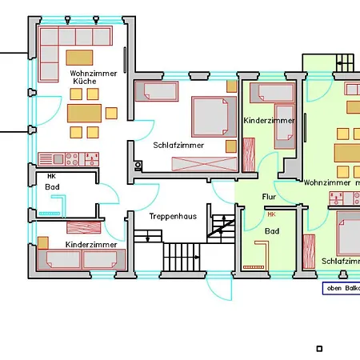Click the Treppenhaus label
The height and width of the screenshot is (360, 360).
[173, 216]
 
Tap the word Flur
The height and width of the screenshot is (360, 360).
[269, 197]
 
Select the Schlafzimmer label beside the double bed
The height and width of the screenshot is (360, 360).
[178, 145]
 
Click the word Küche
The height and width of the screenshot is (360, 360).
[85, 81]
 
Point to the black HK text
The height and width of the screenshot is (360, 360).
[51, 176]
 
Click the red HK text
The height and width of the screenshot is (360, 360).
[271, 214]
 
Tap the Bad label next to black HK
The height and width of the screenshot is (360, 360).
[52, 187]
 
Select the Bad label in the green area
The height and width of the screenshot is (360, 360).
[272, 231]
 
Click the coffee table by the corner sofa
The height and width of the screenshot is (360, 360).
[79, 58]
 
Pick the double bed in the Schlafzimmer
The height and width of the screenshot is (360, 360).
[214, 117]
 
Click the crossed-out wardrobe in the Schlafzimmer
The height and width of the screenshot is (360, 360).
[205, 164]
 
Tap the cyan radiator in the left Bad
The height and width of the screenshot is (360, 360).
[50, 214]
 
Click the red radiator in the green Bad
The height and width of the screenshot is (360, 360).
[254, 267]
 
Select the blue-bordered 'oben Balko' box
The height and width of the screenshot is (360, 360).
[342, 288]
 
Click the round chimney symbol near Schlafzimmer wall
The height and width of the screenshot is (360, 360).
[138, 166]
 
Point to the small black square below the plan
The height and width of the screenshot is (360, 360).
[319, 349]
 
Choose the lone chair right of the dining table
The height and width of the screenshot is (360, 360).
[111, 113]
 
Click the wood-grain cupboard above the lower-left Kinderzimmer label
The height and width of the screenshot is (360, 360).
[84, 227]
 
